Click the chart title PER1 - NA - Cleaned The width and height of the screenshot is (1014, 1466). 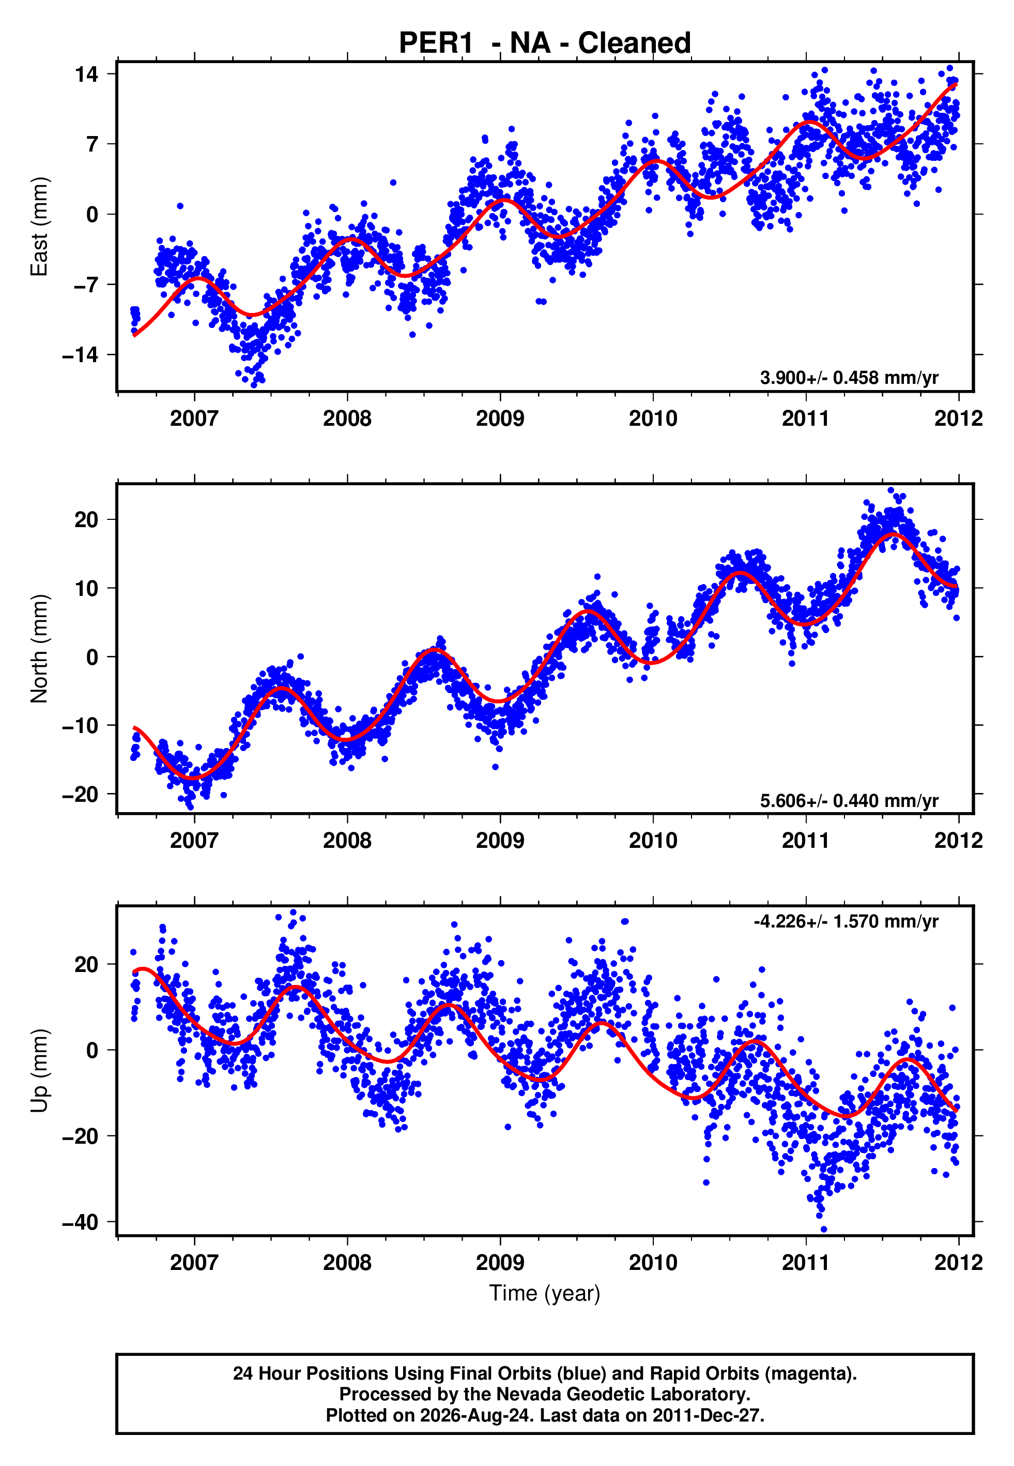pos(545,43)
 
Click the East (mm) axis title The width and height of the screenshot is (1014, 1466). pos(39,227)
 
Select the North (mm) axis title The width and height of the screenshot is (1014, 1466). pos(39,649)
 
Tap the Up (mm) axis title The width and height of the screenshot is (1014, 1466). pos(39,1071)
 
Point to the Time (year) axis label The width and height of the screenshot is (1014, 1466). pos(545,1293)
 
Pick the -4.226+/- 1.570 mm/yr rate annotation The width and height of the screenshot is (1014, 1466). pos(846,921)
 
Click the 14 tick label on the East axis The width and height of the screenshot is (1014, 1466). pos(87,74)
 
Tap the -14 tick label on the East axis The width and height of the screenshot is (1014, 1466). pos(81,355)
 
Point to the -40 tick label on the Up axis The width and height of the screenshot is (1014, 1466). pos(81,1222)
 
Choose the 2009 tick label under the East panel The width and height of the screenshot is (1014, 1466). pos(500,418)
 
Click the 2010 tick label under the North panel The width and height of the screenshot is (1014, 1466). pos(653,841)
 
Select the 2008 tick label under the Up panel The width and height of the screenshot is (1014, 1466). pos(347,1263)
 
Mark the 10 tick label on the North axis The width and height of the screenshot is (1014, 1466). pos(87,588)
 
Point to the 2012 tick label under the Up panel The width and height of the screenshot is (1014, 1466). pos(958,1263)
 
